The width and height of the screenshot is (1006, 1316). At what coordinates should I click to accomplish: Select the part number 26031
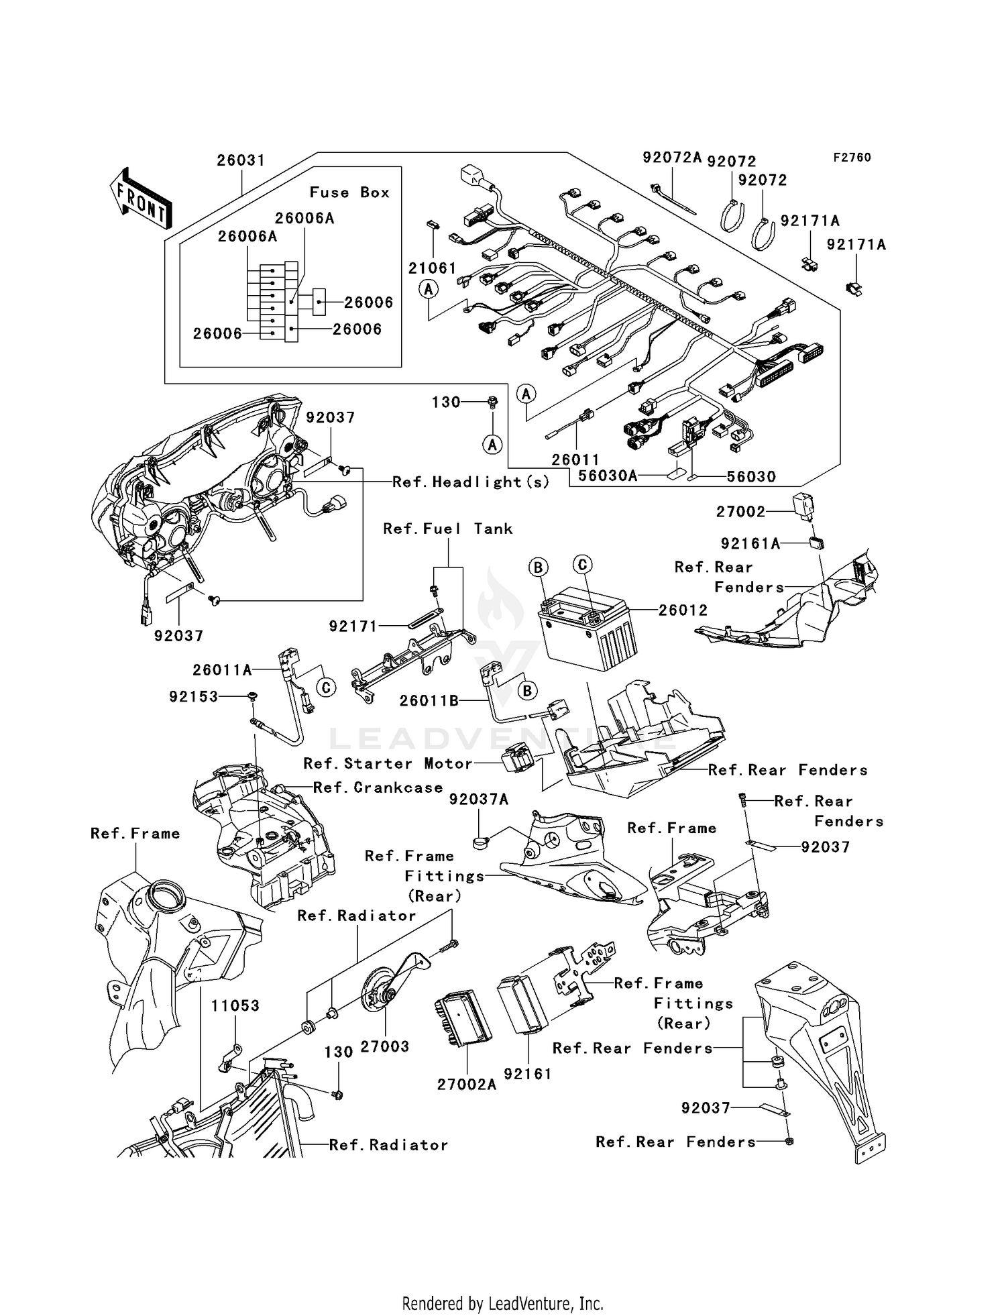pyautogui.click(x=241, y=160)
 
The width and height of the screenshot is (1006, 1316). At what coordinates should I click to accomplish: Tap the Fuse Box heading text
pyautogui.click(x=349, y=193)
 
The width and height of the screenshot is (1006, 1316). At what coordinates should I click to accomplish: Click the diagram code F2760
pyautogui.click(x=852, y=158)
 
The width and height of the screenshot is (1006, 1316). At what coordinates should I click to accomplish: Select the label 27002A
pyautogui.click(x=467, y=1085)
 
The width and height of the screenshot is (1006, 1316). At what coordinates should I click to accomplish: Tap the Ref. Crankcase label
pyautogui.click(x=378, y=787)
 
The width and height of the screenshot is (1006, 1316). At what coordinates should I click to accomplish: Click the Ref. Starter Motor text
pyautogui.click(x=388, y=763)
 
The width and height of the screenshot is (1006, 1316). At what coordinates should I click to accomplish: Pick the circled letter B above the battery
pyautogui.click(x=538, y=568)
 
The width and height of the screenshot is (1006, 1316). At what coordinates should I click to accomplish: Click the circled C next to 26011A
pyautogui.click(x=326, y=688)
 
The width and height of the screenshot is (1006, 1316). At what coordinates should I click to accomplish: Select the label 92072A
pyautogui.click(x=671, y=158)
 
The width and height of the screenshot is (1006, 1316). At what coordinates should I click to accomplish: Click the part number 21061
pyautogui.click(x=433, y=268)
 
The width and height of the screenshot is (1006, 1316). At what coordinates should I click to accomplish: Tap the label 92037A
pyautogui.click(x=479, y=799)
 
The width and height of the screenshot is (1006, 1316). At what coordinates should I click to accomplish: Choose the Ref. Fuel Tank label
pyautogui.click(x=447, y=529)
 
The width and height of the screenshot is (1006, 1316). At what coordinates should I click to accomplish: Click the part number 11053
pyautogui.click(x=235, y=1005)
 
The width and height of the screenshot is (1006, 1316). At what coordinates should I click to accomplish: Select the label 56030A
pyautogui.click(x=608, y=476)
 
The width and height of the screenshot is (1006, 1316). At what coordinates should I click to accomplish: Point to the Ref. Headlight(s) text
pyautogui.click(x=471, y=482)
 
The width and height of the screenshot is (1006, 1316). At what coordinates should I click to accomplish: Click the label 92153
pyautogui.click(x=194, y=697)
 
